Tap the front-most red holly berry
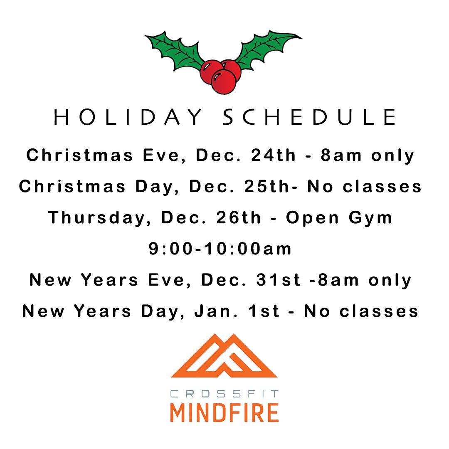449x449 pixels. click(224, 82)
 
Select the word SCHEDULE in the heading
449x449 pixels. click(310, 117)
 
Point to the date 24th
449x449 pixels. click(273, 155)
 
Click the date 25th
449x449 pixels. click(266, 186)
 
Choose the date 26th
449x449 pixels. click(239, 217)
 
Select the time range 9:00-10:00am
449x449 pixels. click(220, 249)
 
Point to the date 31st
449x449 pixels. click(278, 280)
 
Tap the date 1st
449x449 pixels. click(264, 311)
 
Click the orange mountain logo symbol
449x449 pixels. click(224, 355)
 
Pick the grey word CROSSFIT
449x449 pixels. click(224, 394)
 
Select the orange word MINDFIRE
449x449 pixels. click(224, 413)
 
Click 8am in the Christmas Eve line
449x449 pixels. click(341, 155)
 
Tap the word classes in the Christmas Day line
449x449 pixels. click(382, 186)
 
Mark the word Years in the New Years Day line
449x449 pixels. click(103, 311)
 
